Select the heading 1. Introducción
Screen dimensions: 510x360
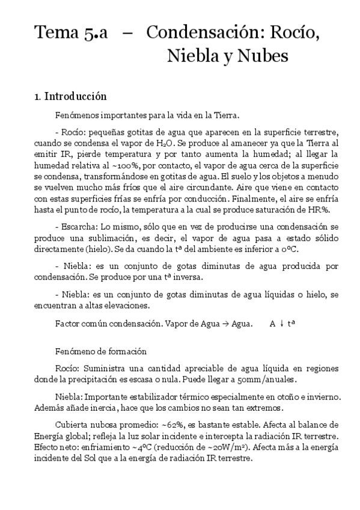tap(70, 96)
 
